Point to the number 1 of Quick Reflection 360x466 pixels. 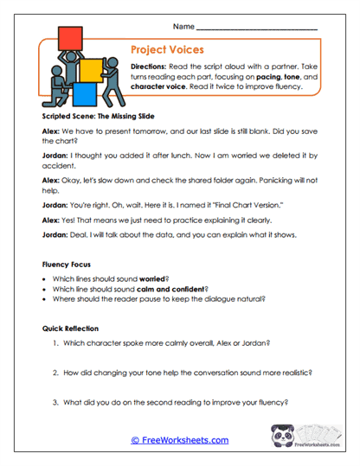(55, 344)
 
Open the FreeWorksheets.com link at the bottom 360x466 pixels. (179, 440)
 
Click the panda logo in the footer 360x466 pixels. (283, 439)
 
